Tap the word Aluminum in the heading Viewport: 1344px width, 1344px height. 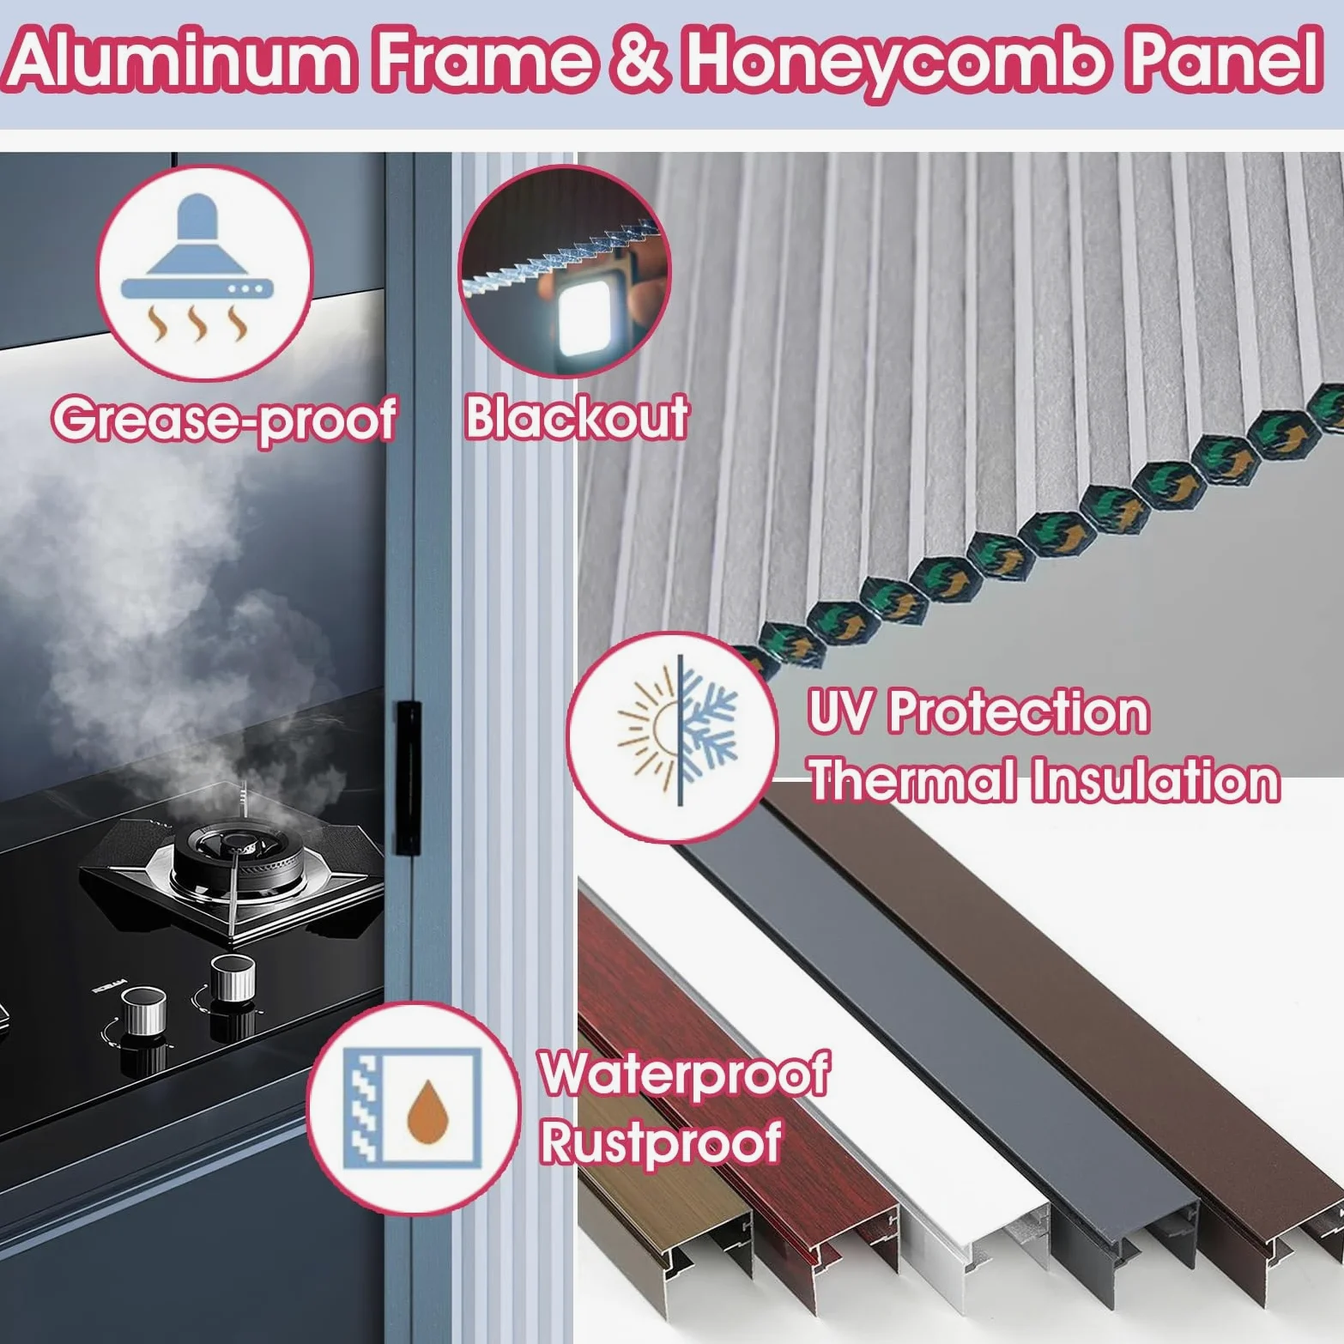tap(181, 59)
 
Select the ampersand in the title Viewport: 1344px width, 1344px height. tap(637, 60)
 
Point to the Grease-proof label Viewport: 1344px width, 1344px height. tap(224, 418)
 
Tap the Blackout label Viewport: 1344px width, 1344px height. tap(577, 417)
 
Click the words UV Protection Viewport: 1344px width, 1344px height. tap(978, 712)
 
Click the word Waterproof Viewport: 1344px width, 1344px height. tap(685, 1073)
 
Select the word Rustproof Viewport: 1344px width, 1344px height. tap(660, 1141)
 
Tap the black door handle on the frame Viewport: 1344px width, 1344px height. tap(408, 778)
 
